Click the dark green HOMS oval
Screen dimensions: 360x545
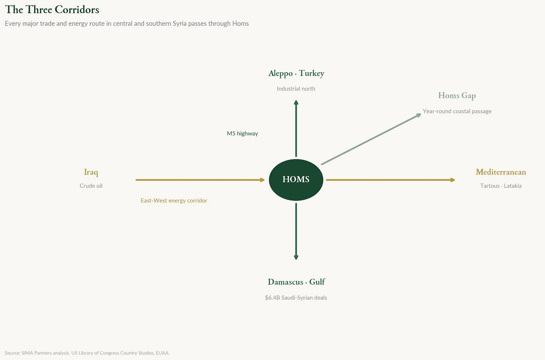tap(296, 180)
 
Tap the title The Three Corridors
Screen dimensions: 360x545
tap(52, 9)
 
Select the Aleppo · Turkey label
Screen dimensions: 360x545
tap(296, 73)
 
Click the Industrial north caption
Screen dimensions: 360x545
tap(296, 89)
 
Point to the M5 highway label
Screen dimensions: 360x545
tap(242, 134)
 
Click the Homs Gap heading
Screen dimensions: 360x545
tap(457, 96)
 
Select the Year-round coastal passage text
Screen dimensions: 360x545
tap(457, 111)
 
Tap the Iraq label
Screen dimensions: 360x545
tap(91, 172)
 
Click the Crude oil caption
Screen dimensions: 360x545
tap(91, 186)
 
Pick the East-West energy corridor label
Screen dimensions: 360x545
tap(174, 201)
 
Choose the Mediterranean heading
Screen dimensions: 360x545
tap(500, 172)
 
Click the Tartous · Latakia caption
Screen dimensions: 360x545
tap(500, 186)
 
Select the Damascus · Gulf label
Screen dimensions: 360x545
tap(296, 282)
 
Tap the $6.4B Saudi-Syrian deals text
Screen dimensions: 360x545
tap(296, 298)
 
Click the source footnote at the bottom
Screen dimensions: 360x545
tap(87, 353)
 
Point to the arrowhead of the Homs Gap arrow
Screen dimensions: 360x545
tap(418, 115)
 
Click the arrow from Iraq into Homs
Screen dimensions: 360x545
tap(198, 180)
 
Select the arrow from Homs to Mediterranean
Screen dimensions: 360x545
tap(389, 180)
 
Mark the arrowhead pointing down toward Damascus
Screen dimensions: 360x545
tap(296, 257)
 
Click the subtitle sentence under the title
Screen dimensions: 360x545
tap(127, 24)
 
